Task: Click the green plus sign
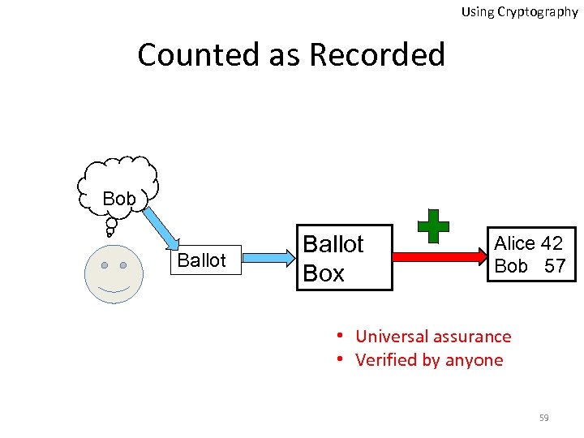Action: [x=433, y=225]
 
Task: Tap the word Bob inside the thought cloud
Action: [x=119, y=199]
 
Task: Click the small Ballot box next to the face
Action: [x=201, y=260]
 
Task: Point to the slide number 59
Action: [x=543, y=418]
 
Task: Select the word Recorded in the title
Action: [x=377, y=55]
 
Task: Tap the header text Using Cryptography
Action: [x=519, y=12]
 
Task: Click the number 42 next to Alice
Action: [x=552, y=243]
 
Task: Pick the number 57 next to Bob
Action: [x=555, y=266]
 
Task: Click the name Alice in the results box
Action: [x=515, y=243]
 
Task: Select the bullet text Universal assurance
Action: [x=433, y=337]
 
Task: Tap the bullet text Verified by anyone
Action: [x=429, y=360]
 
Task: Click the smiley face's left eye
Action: [x=105, y=265]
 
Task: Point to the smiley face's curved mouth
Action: [x=114, y=289]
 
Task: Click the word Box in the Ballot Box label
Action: [x=324, y=274]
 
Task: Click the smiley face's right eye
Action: [x=123, y=265]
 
